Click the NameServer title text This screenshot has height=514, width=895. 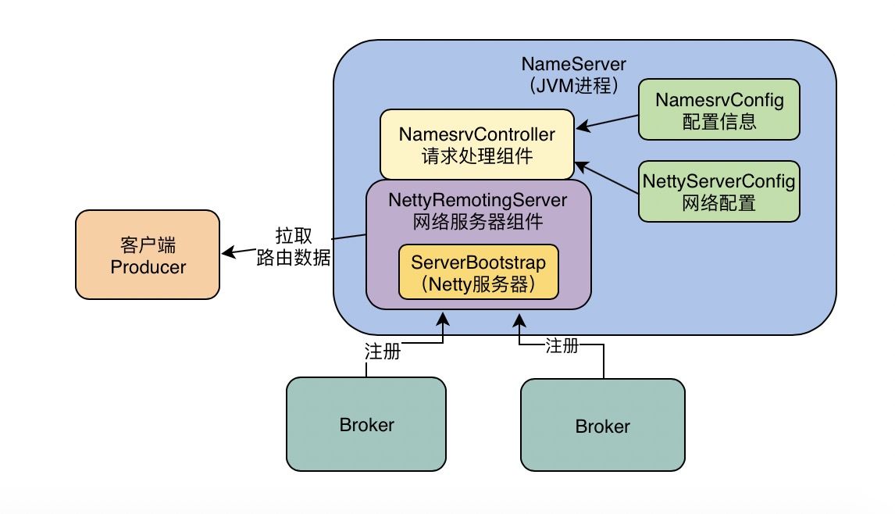coord(573,63)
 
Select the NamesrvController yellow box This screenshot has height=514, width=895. coord(477,145)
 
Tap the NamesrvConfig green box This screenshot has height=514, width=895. coord(718,109)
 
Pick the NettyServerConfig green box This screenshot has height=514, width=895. coord(718,191)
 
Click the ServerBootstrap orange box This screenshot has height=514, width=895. coord(478,272)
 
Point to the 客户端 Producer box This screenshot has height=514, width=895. coord(148,255)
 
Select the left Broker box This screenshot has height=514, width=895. coord(366,425)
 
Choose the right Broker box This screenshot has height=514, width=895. coord(602,426)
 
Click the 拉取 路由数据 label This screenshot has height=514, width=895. coord(293,247)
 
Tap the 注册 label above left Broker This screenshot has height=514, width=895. coord(383,352)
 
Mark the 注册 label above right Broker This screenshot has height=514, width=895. coord(562,344)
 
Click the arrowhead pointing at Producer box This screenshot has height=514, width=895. coord(227,252)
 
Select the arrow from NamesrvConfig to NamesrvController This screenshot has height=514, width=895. coord(607,122)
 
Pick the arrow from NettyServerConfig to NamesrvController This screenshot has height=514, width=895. coord(607,177)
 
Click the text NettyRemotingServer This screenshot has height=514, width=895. coord(477,201)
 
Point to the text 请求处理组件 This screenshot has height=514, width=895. coord(477,156)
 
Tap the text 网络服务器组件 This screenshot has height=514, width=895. coord(477,221)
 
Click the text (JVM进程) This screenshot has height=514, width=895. coord(573,85)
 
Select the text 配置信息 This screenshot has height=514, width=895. coord(718,121)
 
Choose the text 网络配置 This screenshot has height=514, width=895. coord(718,203)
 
